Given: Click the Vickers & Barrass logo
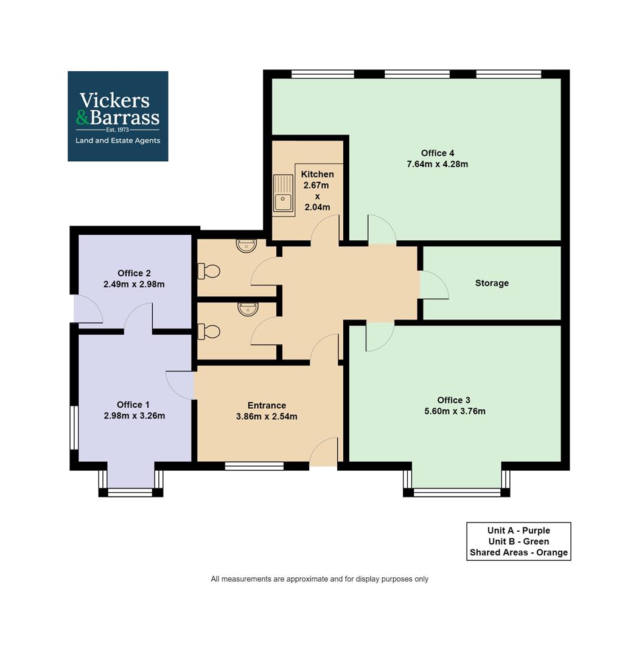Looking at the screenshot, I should (x=117, y=116).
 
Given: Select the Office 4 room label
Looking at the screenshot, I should (x=438, y=153).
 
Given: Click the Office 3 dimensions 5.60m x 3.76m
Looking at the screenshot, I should (x=455, y=411).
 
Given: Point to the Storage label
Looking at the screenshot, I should (x=492, y=283).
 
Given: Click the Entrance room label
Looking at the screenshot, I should (x=267, y=406).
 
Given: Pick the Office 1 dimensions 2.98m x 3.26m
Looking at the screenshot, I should (x=134, y=416).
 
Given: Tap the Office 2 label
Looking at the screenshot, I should (x=134, y=273).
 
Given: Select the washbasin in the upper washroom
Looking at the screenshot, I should (x=246, y=246).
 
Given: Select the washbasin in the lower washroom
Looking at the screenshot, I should (x=247, y=309).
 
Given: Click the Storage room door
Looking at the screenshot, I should (x=434, y=285).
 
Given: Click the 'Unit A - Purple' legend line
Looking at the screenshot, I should (x=519, y=530).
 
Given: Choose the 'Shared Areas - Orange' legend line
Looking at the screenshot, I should (x=519, y=553).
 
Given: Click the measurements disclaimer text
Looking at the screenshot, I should (x=319, y=579).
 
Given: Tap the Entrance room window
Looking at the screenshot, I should (x=254, y=467).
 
